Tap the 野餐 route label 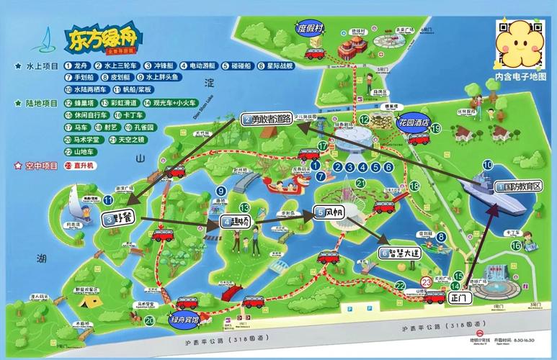click(x=118, y=217)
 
